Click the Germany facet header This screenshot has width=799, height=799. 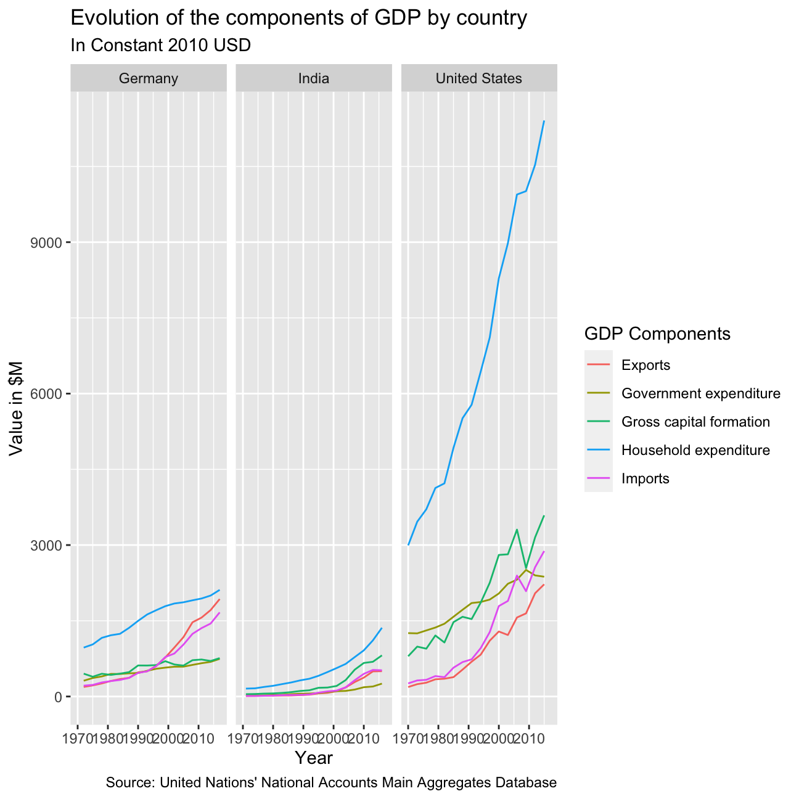[148, 78]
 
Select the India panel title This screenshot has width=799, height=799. [313, 78]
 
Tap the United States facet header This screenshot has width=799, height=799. [478, 78]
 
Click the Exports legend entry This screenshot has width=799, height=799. [645, 365]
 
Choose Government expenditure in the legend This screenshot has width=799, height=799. [701, 393]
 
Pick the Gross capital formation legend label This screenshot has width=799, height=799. [695, 422]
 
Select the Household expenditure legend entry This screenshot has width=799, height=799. [695, 450]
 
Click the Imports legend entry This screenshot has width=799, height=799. [645, 478]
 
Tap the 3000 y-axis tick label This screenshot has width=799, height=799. [46, 545]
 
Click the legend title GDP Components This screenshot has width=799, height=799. [657, 334]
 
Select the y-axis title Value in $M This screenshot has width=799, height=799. [16, 409]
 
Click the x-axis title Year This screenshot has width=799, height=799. [313, 758]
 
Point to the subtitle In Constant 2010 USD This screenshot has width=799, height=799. [160, 45]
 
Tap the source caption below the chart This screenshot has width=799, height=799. [331, 782]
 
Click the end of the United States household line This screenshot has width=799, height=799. [544, 121]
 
